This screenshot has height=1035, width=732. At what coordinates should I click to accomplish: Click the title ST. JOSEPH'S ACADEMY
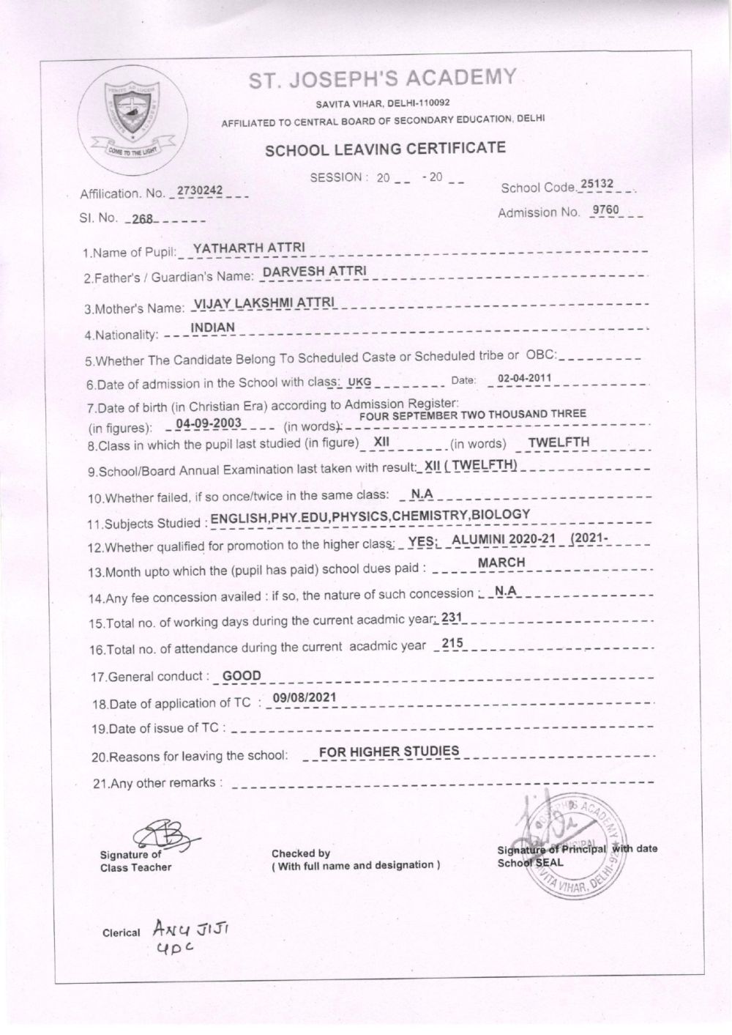point(383,79)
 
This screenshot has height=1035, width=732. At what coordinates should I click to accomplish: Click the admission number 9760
point(607,211)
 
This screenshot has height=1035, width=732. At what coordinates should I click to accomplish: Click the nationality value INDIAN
point(212,327)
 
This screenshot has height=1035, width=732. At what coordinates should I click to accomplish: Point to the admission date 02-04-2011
point(524,379)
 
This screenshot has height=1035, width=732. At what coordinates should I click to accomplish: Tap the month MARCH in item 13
point(501,562)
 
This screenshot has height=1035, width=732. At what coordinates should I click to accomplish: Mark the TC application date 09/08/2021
point(304,697)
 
